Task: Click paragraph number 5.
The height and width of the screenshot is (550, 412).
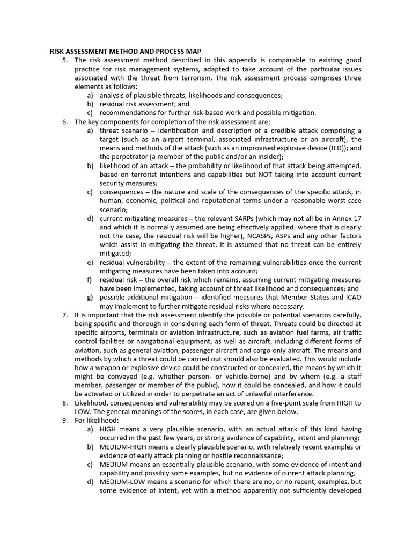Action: [x=65, y=60]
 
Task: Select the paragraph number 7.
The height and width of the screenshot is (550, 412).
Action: [x=65, y=314]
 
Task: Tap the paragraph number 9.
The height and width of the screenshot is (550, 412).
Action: [x=65, y=420]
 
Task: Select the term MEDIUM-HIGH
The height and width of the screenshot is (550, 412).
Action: [x=128, y=447]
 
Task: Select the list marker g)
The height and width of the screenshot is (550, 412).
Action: [x=90, y=297]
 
